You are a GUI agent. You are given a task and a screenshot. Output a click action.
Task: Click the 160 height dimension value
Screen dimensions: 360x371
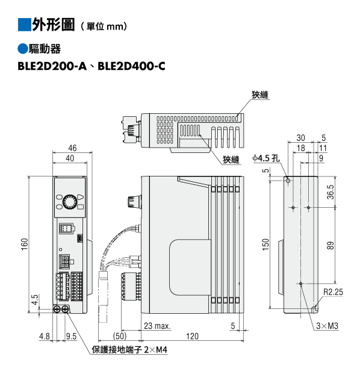(x=24, y=244)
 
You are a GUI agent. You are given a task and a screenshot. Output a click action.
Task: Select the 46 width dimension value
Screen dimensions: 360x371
(x=72, y=148)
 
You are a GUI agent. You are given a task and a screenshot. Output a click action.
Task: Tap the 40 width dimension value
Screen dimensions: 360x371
(x=70, y=158)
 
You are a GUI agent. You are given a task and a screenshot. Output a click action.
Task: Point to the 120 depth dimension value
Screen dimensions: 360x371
(x=192, y=336)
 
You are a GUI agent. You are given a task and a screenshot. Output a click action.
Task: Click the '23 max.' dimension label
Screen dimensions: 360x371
(x=157, y=326)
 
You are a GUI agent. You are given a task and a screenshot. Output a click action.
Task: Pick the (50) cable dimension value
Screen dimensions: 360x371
(x=120, y=336)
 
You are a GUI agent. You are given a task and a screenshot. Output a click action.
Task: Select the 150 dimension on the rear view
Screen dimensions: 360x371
(x=266, y=245)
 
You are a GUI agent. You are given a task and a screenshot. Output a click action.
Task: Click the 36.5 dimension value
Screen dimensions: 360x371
(x=331, y=192)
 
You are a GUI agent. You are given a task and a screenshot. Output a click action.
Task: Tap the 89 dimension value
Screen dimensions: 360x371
(x=331, y=245)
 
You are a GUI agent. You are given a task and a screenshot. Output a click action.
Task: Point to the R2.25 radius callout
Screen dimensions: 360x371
(x=333, y=292)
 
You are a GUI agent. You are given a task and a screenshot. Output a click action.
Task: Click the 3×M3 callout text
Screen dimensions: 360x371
(x=327, y=326)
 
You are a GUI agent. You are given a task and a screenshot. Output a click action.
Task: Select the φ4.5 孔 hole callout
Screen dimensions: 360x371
(x=266, y=158)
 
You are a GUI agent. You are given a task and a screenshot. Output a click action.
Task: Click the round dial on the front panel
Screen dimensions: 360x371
(x=70, y=202)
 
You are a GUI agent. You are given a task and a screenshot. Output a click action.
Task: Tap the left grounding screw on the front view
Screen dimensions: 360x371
(x=57, y=309)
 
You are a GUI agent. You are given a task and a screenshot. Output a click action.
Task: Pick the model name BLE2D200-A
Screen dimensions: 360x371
(x=52, y=66)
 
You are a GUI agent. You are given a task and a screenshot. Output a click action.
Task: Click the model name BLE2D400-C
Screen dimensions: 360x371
(x=131, y=66)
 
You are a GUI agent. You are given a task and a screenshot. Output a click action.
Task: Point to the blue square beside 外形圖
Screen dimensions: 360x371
(x=24, y=25)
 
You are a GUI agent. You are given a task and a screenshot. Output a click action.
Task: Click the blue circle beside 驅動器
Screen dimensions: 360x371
(x=23, y=49)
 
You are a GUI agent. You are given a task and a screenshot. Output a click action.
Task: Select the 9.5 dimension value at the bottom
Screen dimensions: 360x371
(x=72, y=336)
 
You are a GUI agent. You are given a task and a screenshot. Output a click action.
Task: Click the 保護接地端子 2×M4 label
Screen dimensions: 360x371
(x=129, y=350)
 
